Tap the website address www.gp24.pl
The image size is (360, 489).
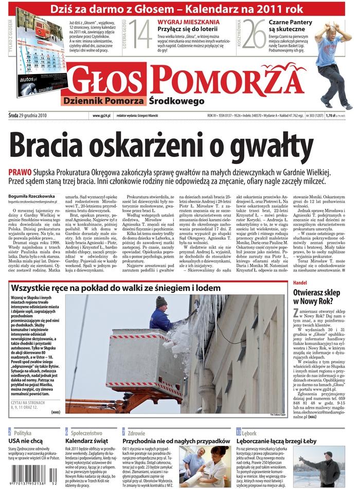(102, 116)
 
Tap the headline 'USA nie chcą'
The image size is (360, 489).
(25, 441)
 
